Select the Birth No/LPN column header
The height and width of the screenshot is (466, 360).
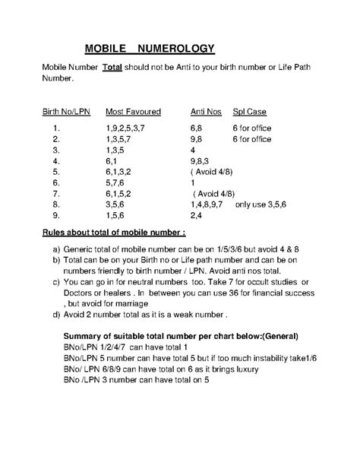(66, 111)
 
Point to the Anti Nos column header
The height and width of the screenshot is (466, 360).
(205, 111)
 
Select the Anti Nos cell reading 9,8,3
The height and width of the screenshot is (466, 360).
(201, 161)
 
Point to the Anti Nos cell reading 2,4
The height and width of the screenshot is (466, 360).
(196, 216)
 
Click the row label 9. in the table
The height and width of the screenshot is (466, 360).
(56, 216)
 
